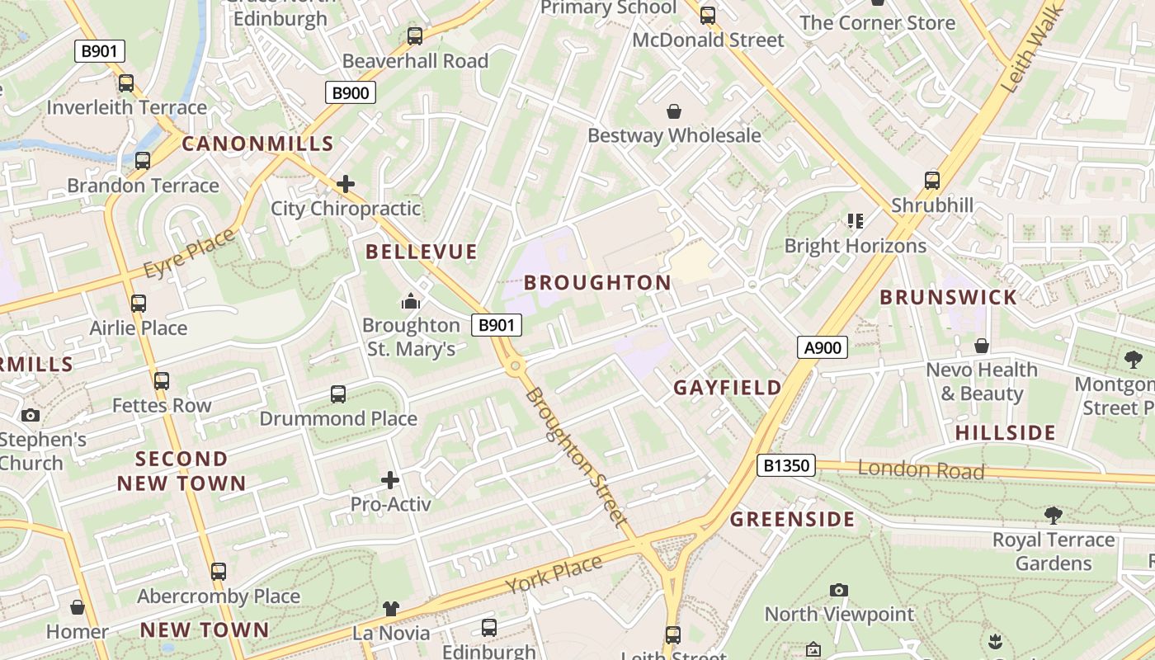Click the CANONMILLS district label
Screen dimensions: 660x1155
pyautogui.click(x=257, y=144)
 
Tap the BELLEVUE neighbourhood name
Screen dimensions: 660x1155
pyautogui.click(x=422, y=252)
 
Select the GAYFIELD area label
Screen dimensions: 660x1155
pyautogui.click(x=728, y=388)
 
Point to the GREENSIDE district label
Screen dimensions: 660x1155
pyautogui.click(x=793, y=520)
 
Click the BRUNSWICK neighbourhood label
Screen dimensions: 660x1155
pyautogui.click(x=948, y=298)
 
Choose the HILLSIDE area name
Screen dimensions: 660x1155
pyautogui.click(x=1005, y=433)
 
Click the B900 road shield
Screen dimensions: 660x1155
pyautogui.click(x=350, y=92)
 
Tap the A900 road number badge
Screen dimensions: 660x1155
pyautogui.click(x=823, y=347)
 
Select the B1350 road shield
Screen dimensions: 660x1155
pyautogui.click(x=785, y=466)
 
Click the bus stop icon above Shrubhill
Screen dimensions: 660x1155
pyautogui.click(x=932, y=180)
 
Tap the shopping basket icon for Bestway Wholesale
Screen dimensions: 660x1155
pyautogui.click(x=674, y=111)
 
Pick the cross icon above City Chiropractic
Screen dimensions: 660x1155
pyautogui.click(x=346, y=183)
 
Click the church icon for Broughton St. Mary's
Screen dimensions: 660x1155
pyautogui.click(x=411, y=301)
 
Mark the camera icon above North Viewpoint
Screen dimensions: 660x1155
pyautogui.click(x=839, y=590)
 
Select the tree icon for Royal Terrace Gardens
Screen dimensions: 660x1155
pyautogui.click(x=1053, y=516)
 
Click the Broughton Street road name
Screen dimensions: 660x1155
pyautogui.click(x=575, y=456)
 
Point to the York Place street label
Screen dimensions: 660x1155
pyautogui.click(x=554, y=574)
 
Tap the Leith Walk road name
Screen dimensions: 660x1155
pyautogui.click(x=1023, y=58)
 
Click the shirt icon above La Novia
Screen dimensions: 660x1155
pyautogui.click(x=391, y=609)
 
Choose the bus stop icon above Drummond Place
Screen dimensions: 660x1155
pyautogui.click(x=338, y=394)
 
